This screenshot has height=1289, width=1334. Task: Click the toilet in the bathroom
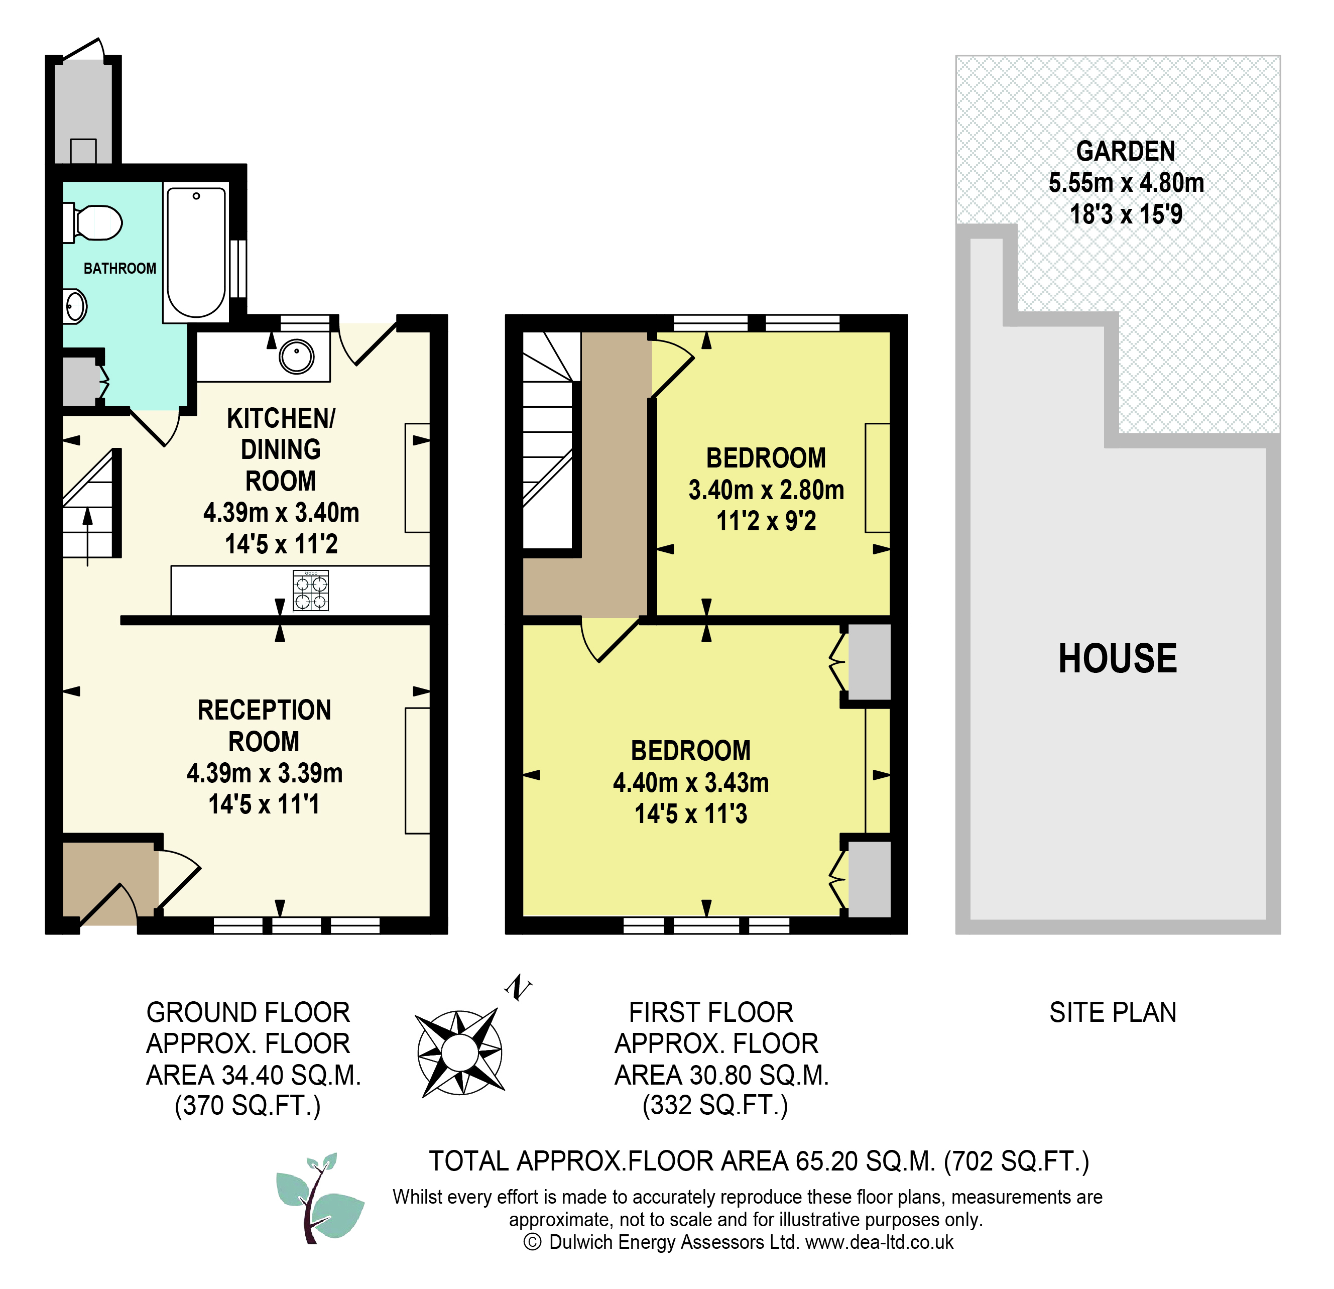pos(93,222)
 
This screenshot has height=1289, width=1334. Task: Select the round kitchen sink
pos(297,356)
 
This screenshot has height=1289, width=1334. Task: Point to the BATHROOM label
pos(120,268)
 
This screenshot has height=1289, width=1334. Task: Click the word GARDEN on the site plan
pos(1126,151)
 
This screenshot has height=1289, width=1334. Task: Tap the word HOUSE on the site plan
pos(1118,658)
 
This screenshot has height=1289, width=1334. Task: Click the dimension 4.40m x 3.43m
pos(691,783)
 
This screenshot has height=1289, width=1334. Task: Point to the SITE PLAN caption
pos(1113,1013)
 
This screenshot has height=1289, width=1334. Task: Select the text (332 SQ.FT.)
pos(715,1106)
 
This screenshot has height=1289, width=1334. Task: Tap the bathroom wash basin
pos(75,306)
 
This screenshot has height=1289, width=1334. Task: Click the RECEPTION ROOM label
pos(264,726)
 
